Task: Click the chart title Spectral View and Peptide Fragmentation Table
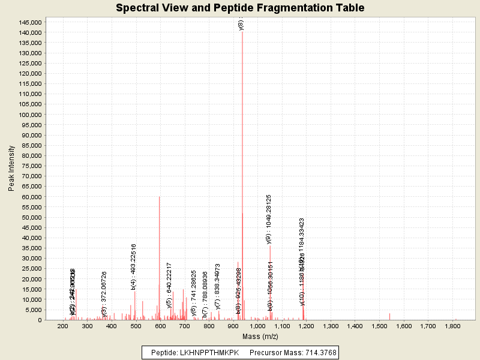(240, 8)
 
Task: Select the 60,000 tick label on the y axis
(32, 197)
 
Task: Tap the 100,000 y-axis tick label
(29, 115)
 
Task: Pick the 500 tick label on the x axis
(136, 326)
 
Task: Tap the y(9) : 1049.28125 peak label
(269, 219)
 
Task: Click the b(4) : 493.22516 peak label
(134, 267)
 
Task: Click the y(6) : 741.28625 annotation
(193, 292)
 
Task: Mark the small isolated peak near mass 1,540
(389, 316)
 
